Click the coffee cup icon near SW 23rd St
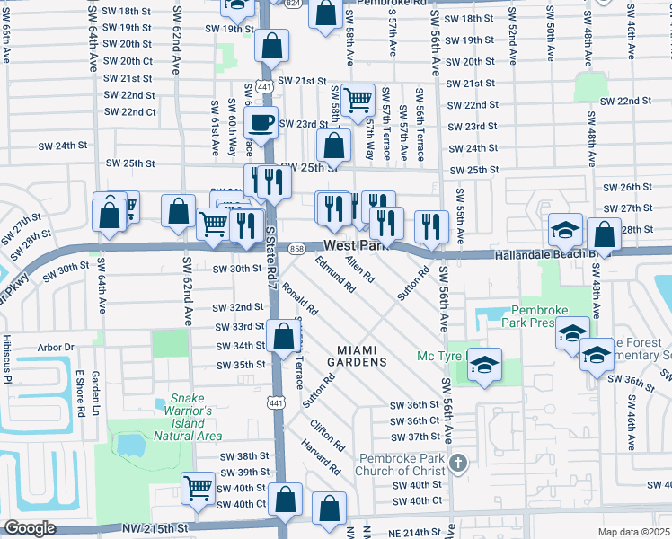point(262,122)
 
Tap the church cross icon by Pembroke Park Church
point(458,464)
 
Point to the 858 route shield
point(296,248)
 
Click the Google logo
point(30,527)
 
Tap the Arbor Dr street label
point(56,347)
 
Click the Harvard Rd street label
point(321,457)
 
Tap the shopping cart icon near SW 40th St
point(199,489)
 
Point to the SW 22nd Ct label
point(130,112)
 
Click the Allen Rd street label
point(359,269)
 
